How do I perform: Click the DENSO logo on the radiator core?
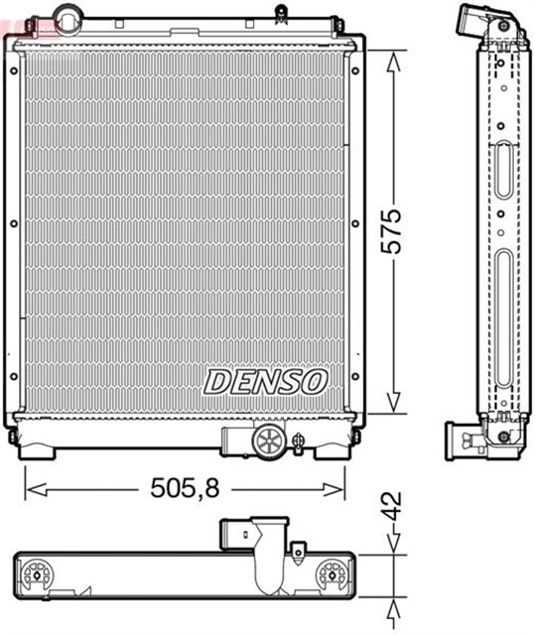(265, 380)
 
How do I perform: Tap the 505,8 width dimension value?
(185, 488)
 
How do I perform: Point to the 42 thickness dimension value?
(395, 507)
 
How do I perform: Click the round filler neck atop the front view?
(67, 18)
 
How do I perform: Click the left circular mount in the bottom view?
(40, 574)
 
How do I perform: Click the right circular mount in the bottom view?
(332, 574)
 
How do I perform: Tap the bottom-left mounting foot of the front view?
(38, 449)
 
